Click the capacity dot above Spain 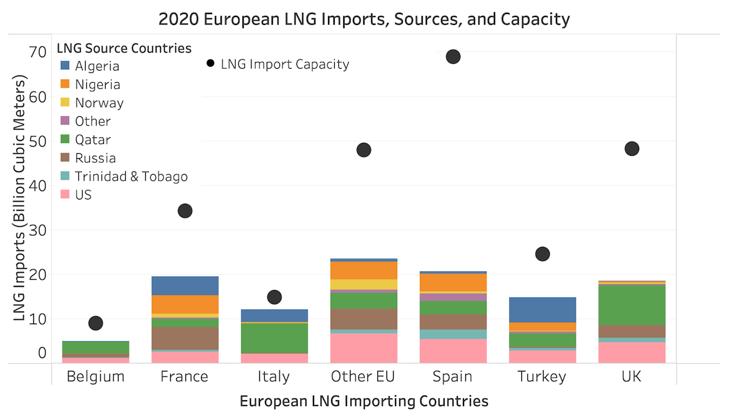click(453, 57)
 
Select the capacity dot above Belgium click(95, 323)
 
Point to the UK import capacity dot click(632, 148)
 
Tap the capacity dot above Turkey click(542, 254)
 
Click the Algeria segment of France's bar click(185, 285)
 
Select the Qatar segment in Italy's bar click(274, 338)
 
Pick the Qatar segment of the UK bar click(632, 305)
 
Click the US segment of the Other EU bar click(363, 348)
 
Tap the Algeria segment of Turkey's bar click(542, 310)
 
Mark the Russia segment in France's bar click(185, 338)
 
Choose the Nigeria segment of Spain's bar click(453, 282)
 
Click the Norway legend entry click(99, 103)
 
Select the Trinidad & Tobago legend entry click(131, 176)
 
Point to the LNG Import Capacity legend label click(285, 64)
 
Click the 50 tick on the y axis click(38, 141)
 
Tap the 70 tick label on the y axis click(38, 52)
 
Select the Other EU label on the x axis click(363, 376)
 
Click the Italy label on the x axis click(274, 376)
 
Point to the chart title click(364, 19)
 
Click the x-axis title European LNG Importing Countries click(364, 401)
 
